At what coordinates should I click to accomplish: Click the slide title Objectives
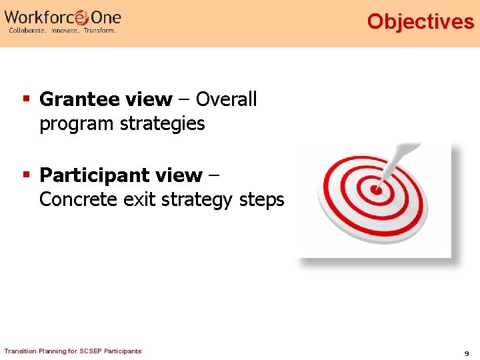tap(420, 21)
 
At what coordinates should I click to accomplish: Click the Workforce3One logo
tap(63, 17)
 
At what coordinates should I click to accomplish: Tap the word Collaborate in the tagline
tap(27, 31)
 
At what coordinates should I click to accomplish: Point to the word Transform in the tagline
tap(99, 31)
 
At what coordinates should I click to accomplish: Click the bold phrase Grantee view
tap(105, 99)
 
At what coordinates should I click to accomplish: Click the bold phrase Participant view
tap(121, 175)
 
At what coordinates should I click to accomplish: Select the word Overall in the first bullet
tap(226, 99)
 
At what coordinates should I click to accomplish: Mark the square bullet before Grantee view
tap(27, 99)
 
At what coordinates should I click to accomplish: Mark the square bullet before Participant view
tap(27, 175)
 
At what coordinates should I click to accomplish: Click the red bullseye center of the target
tap(377, 190)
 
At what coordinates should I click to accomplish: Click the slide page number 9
tap(467, 353)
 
